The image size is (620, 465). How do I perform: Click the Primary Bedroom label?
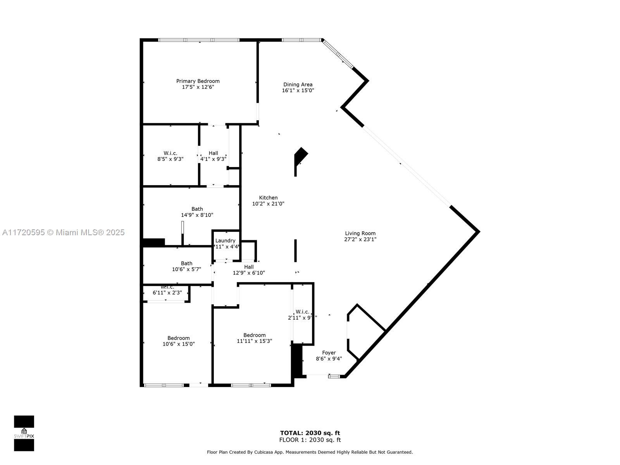pos(198,81)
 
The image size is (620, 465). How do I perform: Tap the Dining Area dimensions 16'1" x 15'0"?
pos(298,90)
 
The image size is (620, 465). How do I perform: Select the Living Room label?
pos(360,233)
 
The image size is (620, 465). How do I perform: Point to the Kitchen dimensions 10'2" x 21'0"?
pos(268,203)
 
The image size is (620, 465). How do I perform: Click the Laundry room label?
pos(225,241)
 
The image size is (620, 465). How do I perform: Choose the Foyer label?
pos(329,353)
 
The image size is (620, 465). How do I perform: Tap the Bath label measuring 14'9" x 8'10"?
pos(197,209)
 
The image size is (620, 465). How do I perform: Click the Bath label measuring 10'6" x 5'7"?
pos(186,263)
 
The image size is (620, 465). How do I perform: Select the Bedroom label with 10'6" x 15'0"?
pos(178,338)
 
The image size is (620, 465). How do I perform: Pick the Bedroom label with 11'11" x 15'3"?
pos(254,335)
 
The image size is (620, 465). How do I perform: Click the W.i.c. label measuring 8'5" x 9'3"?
pos(170,153)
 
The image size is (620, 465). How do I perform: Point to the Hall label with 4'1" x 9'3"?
pos(213,153)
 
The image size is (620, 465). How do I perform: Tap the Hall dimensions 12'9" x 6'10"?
pos(249,273)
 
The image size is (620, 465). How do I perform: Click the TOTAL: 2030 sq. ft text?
pos(310,433)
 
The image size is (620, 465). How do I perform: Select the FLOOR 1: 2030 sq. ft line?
pos(310,440)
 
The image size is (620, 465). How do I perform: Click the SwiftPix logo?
pos(24,433)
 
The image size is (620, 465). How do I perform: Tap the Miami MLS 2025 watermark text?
pos(63,232)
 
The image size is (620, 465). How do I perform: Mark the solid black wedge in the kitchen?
pos(300,156)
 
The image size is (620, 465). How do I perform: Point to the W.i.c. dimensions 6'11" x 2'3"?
pos(167,293)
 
